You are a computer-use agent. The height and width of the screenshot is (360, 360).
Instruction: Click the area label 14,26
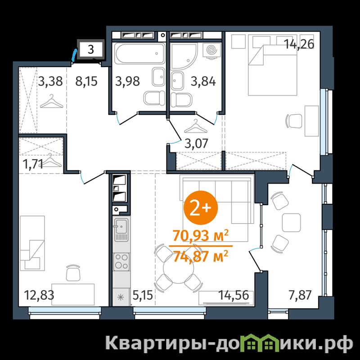tap(299, 44)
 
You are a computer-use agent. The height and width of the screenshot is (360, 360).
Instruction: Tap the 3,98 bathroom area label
tap(127, 81)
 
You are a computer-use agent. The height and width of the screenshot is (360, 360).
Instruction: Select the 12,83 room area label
tap(39, 295)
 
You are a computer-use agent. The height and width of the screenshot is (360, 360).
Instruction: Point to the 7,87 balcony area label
tap(300, 295)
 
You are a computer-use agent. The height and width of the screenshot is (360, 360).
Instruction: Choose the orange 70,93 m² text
tap(201, 235)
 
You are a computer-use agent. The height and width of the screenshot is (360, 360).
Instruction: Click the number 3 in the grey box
tap(91, 49)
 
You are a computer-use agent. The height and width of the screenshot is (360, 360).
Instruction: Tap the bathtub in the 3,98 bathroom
tap(140, 54)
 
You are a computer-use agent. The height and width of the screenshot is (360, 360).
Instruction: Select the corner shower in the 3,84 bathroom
tap(184, 56)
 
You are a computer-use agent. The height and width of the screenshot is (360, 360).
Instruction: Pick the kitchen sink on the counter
tap(121, 226)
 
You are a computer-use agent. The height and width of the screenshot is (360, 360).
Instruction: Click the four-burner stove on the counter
tap(121, 262)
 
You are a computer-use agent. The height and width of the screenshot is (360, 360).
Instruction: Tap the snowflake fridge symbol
tap(121, 297)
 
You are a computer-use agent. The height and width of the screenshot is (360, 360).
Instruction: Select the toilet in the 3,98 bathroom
tap(154, 98)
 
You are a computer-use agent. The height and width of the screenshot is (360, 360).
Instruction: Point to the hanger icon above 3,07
tap(196, 126)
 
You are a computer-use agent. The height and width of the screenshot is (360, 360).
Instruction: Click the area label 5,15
tap(143, 295)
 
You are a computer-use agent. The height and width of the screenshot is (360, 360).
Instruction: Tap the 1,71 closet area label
tap(33, 164)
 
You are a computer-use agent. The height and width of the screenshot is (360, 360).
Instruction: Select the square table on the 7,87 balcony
tap(291, 222)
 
